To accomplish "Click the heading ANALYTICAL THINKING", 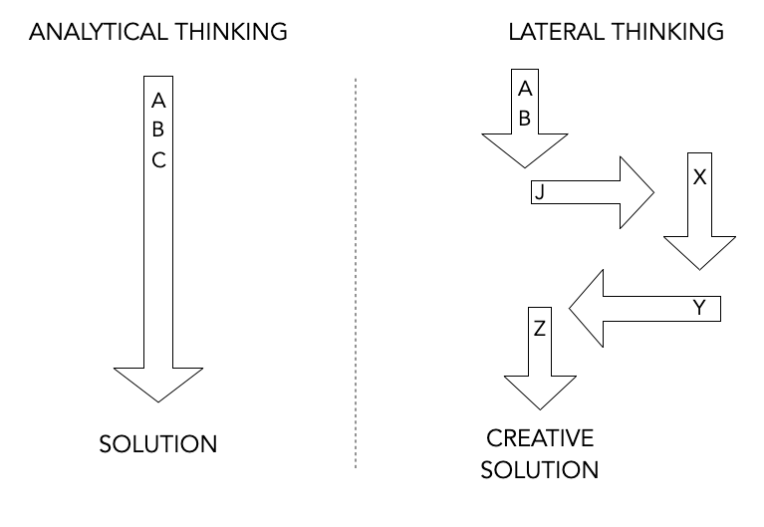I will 158,32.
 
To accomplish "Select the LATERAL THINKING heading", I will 616,32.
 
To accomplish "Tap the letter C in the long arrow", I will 158,158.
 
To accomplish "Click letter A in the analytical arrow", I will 158,101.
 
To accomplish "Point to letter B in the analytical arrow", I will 158,129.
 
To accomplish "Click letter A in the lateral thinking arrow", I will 525,89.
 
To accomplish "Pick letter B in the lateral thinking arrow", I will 525,117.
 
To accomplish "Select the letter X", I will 699,177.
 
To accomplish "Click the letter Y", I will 698,309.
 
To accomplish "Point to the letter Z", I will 539,328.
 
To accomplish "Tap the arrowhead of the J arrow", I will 634,192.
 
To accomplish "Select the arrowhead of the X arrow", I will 699,251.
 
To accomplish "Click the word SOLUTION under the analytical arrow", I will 158,443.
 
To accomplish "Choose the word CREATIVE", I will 539,438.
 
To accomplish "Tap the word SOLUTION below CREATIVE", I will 539,468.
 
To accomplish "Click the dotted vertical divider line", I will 356,269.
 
